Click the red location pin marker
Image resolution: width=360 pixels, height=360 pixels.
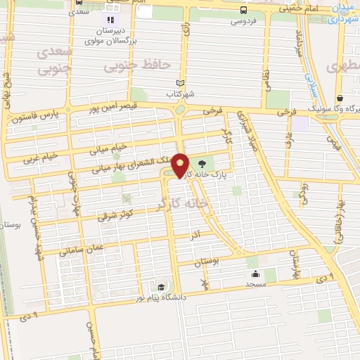181,165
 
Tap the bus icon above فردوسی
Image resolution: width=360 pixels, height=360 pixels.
243,10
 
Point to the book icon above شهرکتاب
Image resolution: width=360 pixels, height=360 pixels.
181,82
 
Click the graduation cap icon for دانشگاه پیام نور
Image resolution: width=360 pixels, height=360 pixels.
162,288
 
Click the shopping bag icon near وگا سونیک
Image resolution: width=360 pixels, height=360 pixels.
340,98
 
